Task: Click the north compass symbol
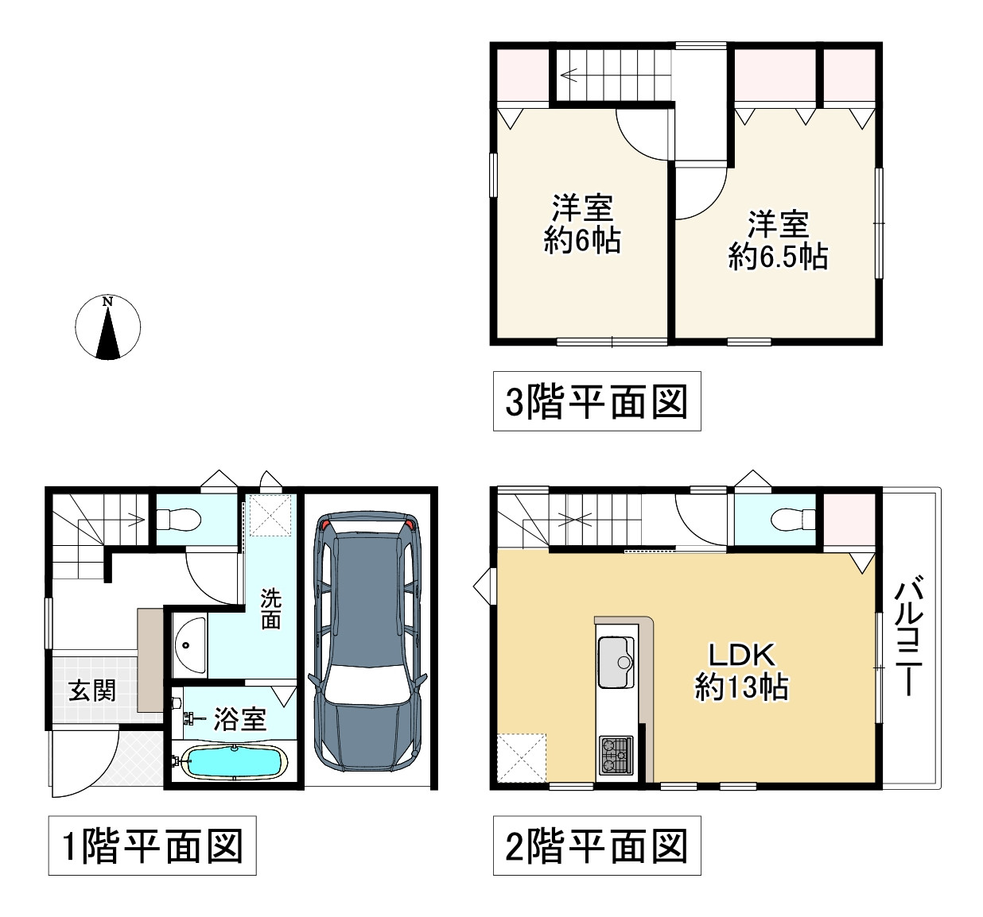(x=107, y=327)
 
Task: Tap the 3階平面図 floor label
(x=596, y=401)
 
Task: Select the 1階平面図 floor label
(x=152, y=845)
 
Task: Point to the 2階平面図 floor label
(x=596, y=845)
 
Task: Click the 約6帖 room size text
(x=582, y=239)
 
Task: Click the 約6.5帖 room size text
(x=778, y=256)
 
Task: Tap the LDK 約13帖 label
(x=741, y=671)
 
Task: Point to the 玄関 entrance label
(x=92, y=690)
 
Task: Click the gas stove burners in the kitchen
(x=617, y=755)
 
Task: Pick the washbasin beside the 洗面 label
(x=190, y=646)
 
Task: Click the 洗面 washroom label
(x=271, y=609)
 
